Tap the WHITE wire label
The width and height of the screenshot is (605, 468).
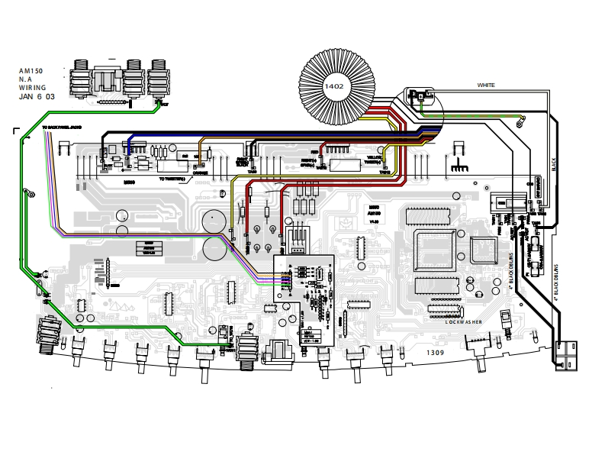click(x=486, y=84)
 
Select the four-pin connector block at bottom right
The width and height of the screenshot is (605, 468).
click(x=566, y=355)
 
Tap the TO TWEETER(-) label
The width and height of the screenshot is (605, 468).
click(x=175, y=179)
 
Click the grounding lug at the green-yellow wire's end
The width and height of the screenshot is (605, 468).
click(x=521, y=119)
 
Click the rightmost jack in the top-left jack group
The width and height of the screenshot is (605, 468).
click(x=159, y=79)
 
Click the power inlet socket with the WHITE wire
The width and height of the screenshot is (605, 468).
click(x=419, y=96)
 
